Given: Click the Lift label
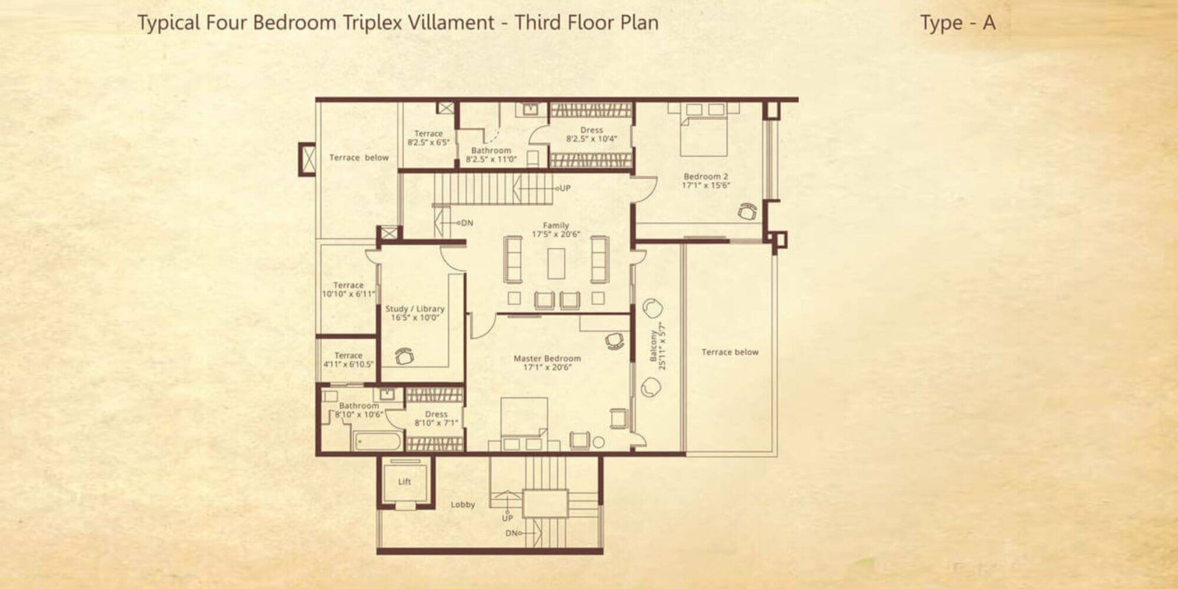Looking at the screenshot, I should click(404, 482).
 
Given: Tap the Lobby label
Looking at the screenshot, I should click(462, 505).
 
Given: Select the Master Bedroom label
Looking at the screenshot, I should click(547, 359).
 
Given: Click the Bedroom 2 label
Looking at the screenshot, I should click(705, 177).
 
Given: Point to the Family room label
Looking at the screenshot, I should click(556, 226).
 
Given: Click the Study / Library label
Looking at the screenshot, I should click(415, 309).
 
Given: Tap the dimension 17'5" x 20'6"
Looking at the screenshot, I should click(556, 235).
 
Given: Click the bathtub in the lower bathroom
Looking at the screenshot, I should click(377, 442).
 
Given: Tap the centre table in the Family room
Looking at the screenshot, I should click(556, 263).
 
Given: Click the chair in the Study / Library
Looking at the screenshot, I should click(404, 356).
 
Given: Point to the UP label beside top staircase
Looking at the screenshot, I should click(565, 188).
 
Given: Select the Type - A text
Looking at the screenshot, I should click(957, 23).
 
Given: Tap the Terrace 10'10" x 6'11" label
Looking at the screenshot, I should click(348, 289).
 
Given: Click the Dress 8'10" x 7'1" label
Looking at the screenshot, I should click(436, 418).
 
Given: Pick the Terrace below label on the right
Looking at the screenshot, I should click(730, 352).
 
